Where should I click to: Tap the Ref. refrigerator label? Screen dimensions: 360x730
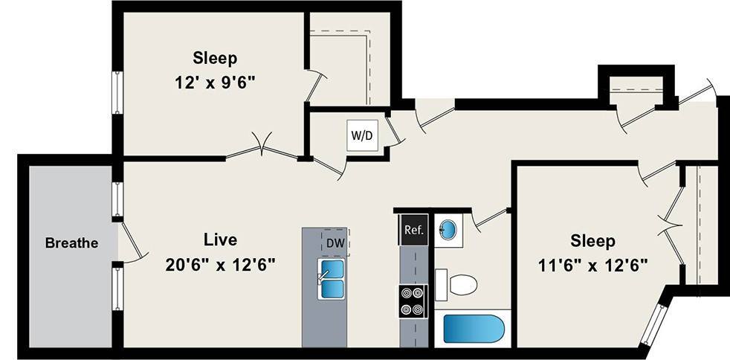[413, 230]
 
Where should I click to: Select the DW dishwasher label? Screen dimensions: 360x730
[335, 242]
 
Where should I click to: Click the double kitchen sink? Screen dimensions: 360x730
[332, 278]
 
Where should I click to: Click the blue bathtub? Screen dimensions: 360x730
[473, 329]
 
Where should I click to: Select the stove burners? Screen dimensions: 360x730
[413, 301]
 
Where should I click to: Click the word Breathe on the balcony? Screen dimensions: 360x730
[71, 242]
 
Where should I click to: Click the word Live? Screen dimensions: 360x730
[220, 240]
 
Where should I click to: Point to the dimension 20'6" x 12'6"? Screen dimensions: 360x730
[221, 264]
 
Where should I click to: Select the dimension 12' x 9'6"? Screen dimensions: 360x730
[214, 83]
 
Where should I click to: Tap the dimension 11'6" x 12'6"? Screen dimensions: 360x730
[592, 265]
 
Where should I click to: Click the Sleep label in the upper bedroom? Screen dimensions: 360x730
[215, 58]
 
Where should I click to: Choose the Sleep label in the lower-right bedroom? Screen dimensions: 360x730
[592, 241]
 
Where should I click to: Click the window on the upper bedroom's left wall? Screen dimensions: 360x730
[117, 93]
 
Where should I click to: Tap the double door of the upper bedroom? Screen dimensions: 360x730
[262, 149]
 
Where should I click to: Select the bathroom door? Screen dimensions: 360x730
[488, 218]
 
